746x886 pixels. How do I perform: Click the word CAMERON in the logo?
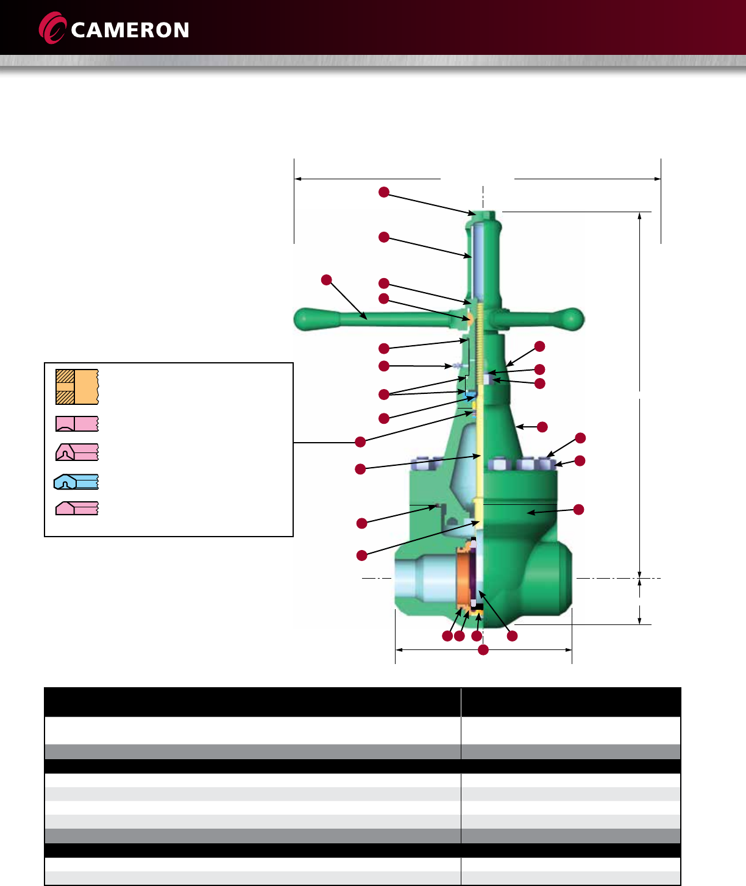click(x=130, y=30)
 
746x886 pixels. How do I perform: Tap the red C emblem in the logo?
click(x=52, y=28)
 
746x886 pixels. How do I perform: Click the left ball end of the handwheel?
click(x=307, y=319)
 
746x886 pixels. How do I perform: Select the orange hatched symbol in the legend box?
click(x=77, y=387)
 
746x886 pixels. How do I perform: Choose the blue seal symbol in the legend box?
click(x=76, y=482)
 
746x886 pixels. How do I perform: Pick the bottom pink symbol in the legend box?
click(x=77, y=509)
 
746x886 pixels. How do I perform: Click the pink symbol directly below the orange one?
click(x=77, y=423)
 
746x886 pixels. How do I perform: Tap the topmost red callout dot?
click(x=384, y=192)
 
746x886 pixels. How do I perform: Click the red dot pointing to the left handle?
click(x=326, y=280)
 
